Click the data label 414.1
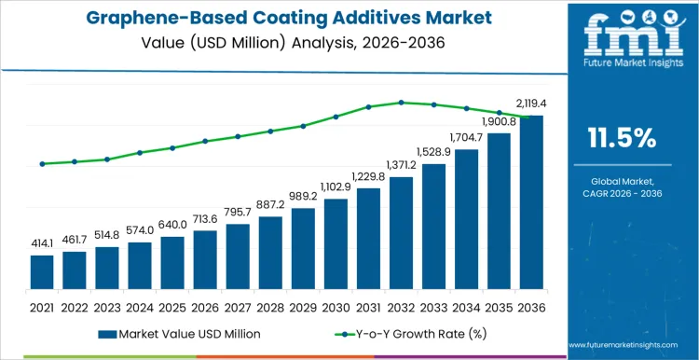coord(42,242)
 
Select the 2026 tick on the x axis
coord(205,306)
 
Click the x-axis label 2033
coord(433,306)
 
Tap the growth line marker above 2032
coord(401,103)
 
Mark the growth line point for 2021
coord(42,164)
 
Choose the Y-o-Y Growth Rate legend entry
coord(400,333)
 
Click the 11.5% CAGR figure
coord(622,138)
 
